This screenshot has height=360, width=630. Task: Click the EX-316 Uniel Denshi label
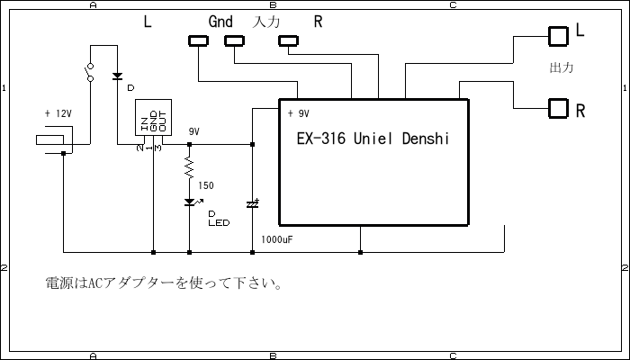tap(372, 140)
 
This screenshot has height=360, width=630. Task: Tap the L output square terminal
tap(559, 36)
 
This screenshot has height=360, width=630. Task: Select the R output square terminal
tap(559, 109)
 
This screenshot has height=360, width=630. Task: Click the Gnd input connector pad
tap(235, 40)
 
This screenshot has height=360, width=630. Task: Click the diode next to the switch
tap(117, 77)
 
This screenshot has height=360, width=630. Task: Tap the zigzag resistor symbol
tap(189, 167)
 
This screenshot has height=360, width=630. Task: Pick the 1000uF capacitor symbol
tap(252, 204)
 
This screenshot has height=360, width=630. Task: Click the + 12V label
tap(57, 114)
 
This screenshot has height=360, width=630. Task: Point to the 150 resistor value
tap(206, 185)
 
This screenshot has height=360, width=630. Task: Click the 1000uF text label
tap(277, 240)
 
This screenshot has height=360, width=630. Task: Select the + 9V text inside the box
tap(299, 114)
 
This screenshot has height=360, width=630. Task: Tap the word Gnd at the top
tap(221, 22)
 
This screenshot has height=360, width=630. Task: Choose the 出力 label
tap(561, 68)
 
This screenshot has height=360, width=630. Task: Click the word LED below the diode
tap(218, 223)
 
